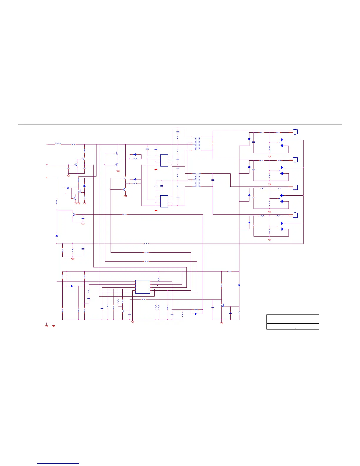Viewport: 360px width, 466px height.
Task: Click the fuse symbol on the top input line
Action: (58, 143)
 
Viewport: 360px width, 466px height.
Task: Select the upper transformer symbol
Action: (198, 143)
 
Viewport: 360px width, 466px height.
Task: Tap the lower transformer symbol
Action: (198, 180)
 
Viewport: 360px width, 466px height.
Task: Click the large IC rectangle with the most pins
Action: (143, 287)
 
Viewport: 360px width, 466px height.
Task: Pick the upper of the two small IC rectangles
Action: (164, 160)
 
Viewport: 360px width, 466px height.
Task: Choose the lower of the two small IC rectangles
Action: (164, 201)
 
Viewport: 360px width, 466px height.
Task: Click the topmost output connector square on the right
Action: (296, 132)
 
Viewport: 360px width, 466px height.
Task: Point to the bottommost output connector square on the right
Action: (296, 215)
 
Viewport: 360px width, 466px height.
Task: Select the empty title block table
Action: (293, 322)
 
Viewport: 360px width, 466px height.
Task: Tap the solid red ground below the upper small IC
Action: (156, 169)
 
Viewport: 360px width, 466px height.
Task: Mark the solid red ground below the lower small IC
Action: (156, 210)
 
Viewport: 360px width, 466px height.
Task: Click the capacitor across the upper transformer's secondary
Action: (213, 143)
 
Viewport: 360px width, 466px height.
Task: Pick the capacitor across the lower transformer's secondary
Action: (213, 179)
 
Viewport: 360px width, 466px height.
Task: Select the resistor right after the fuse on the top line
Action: (74, 144)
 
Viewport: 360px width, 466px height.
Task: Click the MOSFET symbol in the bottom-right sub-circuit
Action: (223, 305)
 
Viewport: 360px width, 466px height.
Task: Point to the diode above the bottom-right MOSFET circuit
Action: (239, 285)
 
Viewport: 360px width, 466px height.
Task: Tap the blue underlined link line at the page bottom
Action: (59, 463)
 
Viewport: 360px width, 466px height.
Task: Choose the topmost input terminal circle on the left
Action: (47, 144)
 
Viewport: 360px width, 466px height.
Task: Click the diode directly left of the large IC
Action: (72, 286)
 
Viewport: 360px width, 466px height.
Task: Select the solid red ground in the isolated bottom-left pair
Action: (54, 326)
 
